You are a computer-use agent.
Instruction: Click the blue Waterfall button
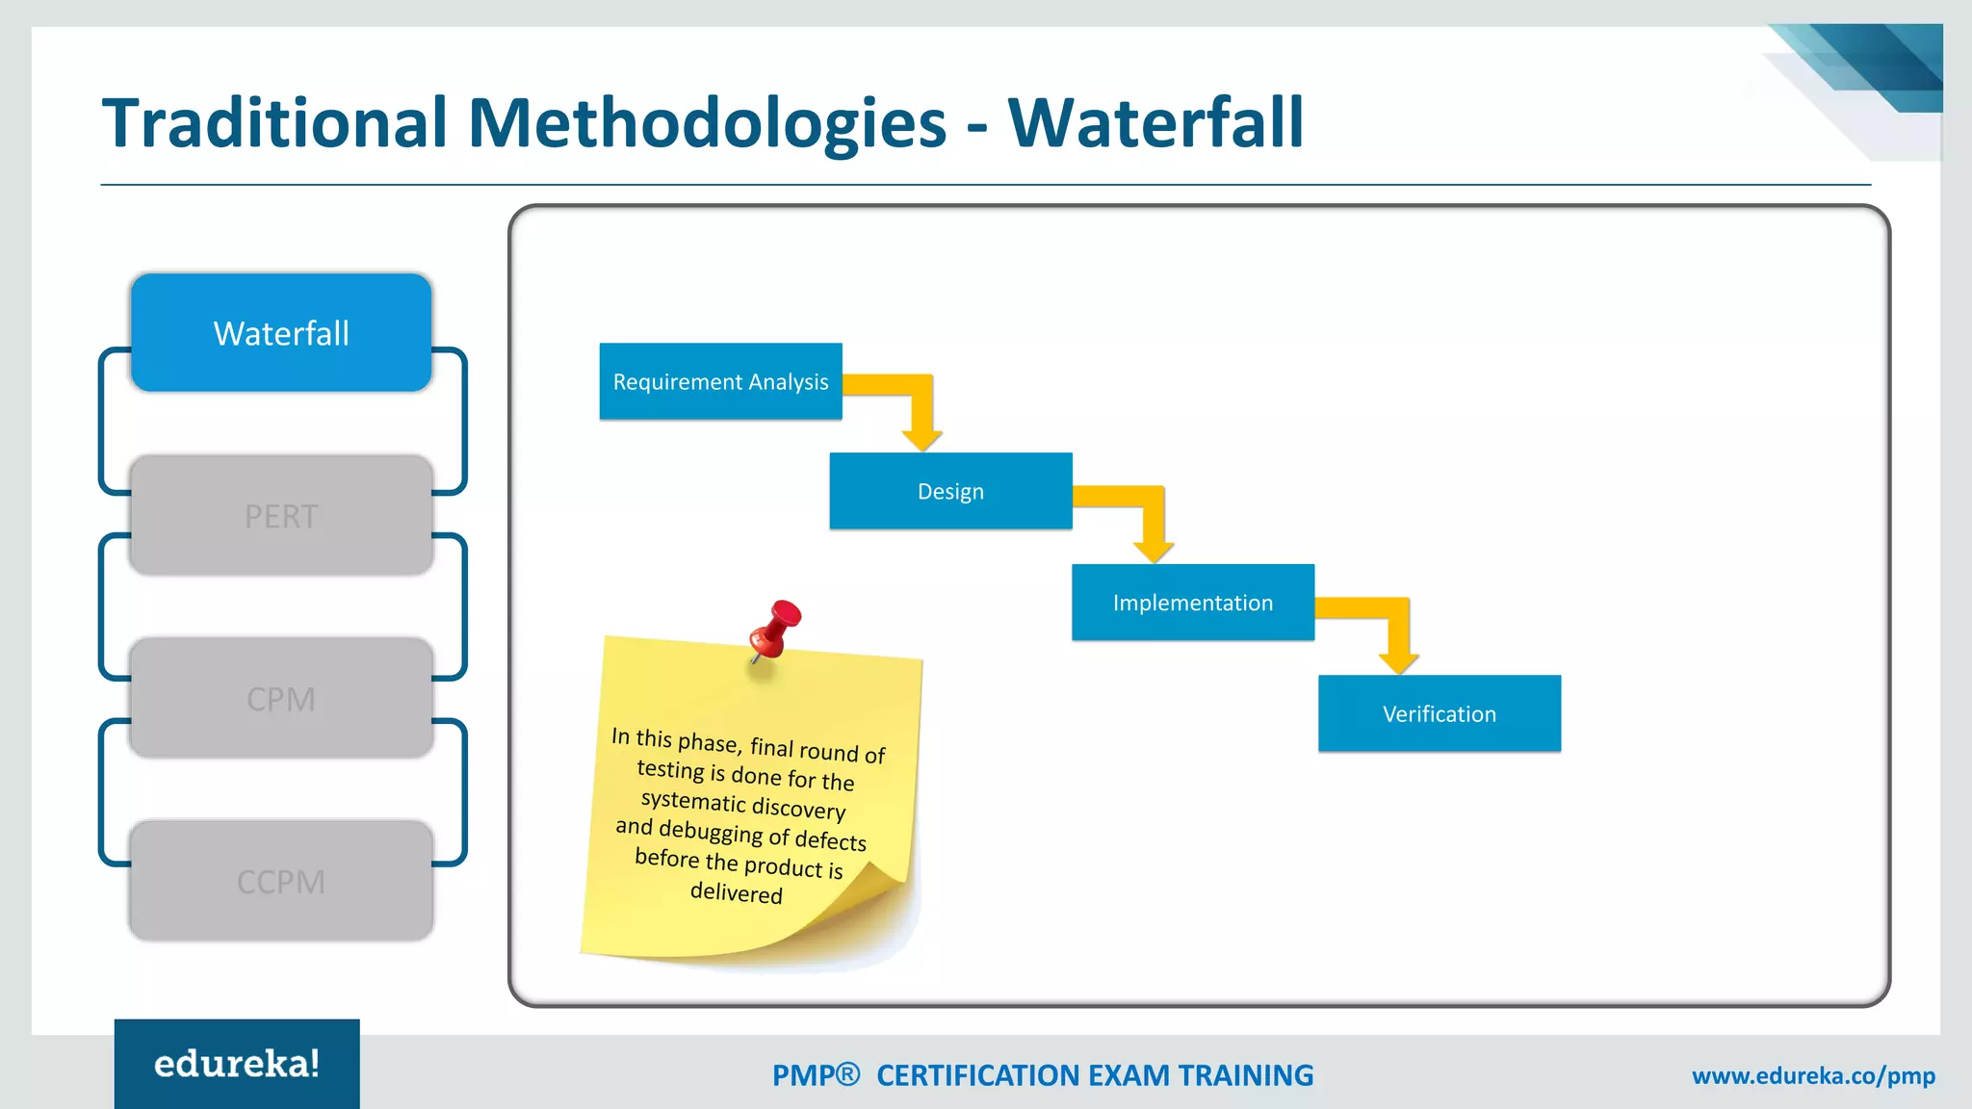coord(281,333)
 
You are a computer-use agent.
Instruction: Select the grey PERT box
coord(281,516)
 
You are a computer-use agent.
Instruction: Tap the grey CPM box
coord(281,699)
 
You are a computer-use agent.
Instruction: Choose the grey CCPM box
coord(281,882)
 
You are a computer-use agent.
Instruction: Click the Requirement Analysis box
coord(720,382)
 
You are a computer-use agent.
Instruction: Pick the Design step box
coord(950,492)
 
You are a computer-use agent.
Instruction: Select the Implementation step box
coord(1192,603)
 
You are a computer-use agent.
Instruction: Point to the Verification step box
coord(1440,714)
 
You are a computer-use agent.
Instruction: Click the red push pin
coord(776,628)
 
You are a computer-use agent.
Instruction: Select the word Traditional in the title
coord(275,123)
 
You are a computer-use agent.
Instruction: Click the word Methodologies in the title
coord(708,123)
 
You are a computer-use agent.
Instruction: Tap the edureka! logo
coord(237,1064)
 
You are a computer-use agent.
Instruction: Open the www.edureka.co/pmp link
coord(1813,1076)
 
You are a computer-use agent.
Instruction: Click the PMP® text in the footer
coord(816,1075)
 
